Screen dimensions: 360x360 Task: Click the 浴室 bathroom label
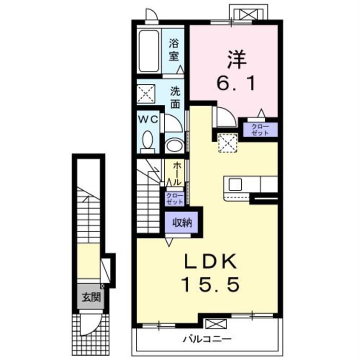tap(174, 50)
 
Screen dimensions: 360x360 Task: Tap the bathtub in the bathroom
tap(149, 51)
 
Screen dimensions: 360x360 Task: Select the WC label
tap(148, 120)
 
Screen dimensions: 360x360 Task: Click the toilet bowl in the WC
tap(148, 140)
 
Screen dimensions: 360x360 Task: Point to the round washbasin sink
tap(174, 145)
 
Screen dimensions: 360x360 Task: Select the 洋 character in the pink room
tap(237, 60)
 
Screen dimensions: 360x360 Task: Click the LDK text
tap(211, 262)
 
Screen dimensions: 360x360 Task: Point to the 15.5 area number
tap(211, 284)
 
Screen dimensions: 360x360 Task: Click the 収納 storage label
tap(182, 223)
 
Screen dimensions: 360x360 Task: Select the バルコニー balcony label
tap(207, 339)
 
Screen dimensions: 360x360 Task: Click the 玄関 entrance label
tap(91, 297)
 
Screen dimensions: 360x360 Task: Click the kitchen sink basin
tap(235, 184)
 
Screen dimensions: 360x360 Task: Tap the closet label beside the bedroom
tap(260, 130)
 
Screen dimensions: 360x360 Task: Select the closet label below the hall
tap(175, 199)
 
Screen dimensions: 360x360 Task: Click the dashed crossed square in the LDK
tap(227, 143)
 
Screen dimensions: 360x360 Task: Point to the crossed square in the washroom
tap(146, 94)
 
